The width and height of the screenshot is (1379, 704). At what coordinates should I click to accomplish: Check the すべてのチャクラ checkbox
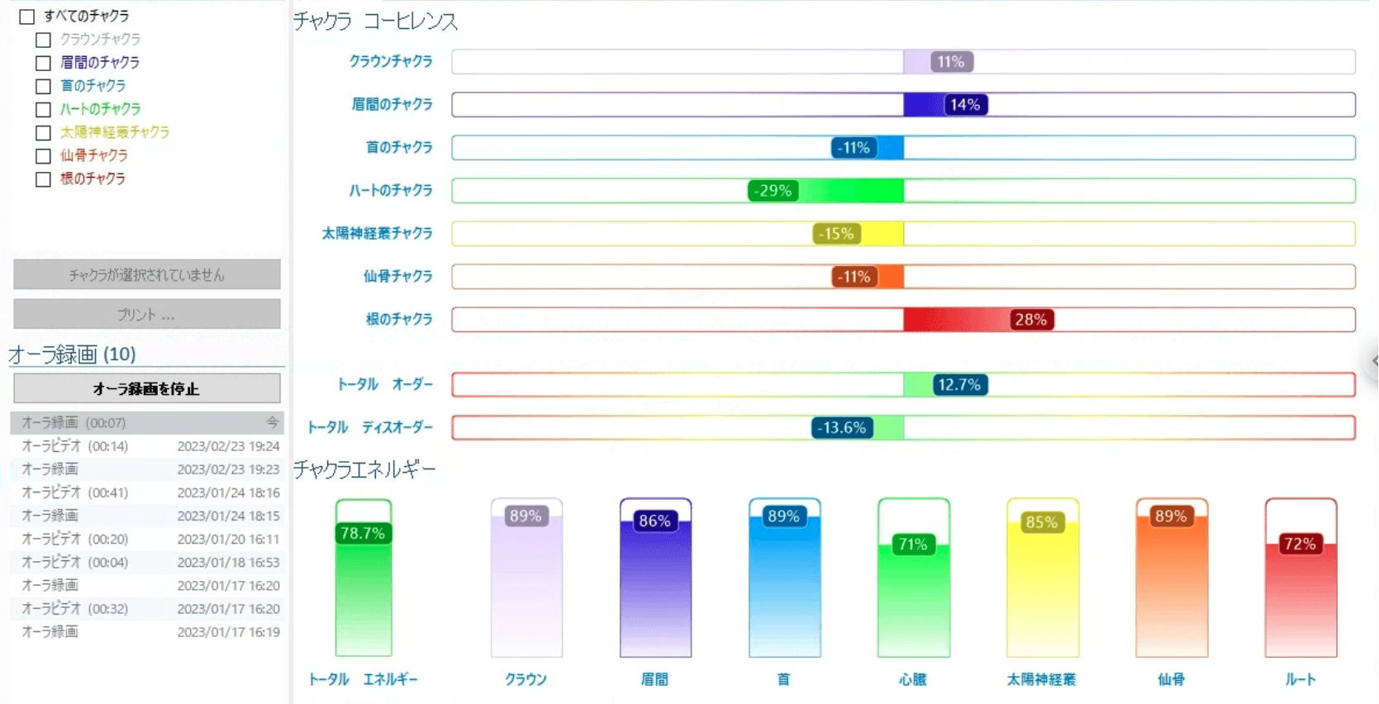(27, 17)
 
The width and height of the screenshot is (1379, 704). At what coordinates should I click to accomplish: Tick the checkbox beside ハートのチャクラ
(44, 109)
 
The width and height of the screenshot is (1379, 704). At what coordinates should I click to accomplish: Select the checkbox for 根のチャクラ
(44, 179)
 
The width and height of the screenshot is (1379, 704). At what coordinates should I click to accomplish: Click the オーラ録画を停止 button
(146, 388)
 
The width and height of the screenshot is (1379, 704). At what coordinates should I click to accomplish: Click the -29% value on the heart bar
(773, 191)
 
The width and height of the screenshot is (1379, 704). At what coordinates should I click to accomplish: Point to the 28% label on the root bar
(1030, 320)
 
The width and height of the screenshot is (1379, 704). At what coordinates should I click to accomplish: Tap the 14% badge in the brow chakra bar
(965, 105)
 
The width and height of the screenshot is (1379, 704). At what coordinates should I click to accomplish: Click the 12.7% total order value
(959, 385)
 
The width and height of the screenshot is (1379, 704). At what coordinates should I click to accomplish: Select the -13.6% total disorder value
(842, 428)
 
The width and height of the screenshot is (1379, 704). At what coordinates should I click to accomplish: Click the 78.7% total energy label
(363, 534)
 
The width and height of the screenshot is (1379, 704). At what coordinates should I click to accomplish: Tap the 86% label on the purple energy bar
(654, 521)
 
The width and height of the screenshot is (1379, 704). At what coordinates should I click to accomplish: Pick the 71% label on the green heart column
(913, 545)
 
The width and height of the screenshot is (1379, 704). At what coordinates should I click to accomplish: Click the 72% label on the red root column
(1300, 545)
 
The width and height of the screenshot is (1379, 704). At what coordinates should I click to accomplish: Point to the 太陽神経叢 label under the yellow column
(1041, 679)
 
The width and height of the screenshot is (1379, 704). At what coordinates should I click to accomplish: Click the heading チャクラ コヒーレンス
(375, 21)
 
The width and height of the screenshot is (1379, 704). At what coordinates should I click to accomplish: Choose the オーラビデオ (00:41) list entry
(74, 492)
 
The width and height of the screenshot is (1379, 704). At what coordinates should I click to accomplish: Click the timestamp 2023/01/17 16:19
(228, 632)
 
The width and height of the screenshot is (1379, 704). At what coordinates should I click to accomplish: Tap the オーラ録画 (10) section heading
(72, 354)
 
